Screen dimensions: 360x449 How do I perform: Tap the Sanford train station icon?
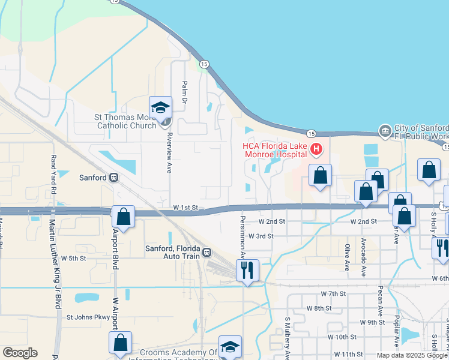114,178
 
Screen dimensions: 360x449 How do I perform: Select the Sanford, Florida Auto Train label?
174,253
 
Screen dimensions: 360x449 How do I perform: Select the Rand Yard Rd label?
53,173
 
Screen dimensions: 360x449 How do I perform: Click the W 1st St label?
185,207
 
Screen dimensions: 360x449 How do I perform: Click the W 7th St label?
334,293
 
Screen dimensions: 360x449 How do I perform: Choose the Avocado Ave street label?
364,257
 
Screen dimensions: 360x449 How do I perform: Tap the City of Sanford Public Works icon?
385,130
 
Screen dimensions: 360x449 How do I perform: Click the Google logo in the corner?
20,353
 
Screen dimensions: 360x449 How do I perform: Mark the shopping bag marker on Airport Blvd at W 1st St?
124,218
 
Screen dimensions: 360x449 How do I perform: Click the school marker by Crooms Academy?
229,347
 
